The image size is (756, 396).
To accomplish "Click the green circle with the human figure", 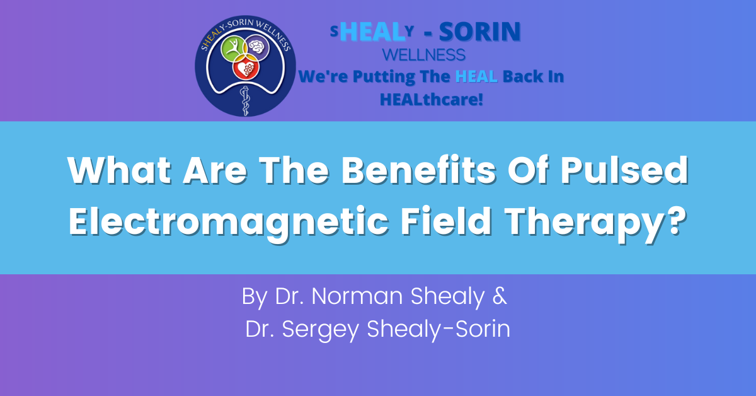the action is click(233, 49).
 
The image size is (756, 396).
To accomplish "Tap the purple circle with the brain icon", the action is click(257, 47).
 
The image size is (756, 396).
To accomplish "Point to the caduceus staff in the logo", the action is click(245, 101).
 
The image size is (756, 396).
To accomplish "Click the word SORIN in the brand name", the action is click(479, 32).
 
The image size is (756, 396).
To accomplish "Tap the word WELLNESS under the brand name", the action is click(424, 55).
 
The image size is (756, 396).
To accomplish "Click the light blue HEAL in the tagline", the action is click(476, 76).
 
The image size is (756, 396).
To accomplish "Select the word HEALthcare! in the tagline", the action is click(432, 100).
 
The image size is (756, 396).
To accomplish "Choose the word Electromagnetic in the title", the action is click(229, 222).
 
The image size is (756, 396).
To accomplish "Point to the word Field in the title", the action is click(446, 221).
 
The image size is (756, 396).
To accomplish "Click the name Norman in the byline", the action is click(357, 296).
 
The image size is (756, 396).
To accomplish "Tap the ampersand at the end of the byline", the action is click(500, 296).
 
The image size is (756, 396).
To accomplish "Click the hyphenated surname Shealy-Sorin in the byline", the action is click(438, 329).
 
